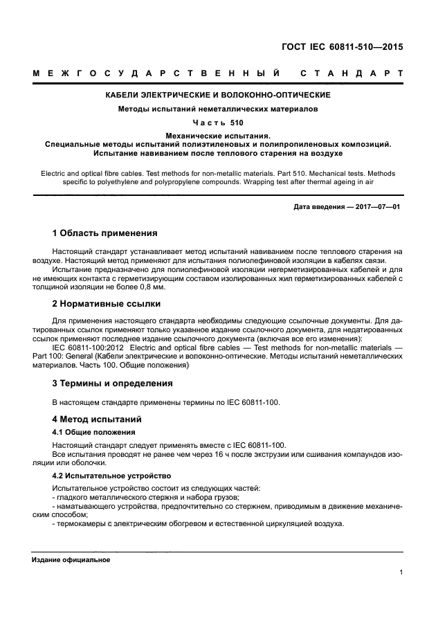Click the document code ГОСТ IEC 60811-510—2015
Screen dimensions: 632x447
pos(341,48)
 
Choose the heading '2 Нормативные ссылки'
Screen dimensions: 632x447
pos(107,303)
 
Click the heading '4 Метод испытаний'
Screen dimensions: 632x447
pos(97,419)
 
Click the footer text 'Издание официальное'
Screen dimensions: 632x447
pos(71,559)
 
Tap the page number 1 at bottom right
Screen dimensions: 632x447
pos(401,572)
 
